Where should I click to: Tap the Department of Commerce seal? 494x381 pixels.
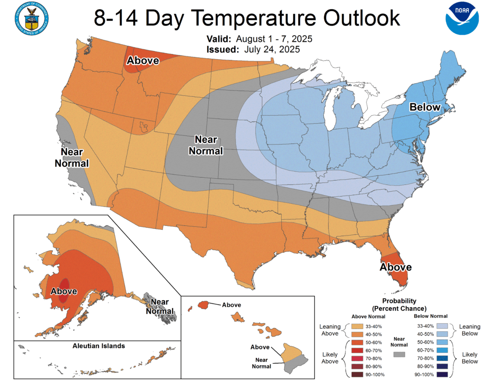[x=32, y=18]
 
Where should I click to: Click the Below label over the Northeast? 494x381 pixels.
[x=425, y=107]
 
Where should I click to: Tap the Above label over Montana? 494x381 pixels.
[x=143, y=60]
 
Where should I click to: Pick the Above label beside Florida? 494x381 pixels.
[x=396, y=267]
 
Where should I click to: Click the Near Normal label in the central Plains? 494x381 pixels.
[x=208, y=145]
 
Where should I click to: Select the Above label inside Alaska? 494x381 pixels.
[x=64, y=291]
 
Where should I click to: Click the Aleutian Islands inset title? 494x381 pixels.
[x=98, y=346]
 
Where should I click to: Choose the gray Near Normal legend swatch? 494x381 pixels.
[x=398, y=355]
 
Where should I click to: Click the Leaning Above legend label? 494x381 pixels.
[x=330, y=330]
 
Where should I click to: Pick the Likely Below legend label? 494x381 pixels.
[x=469, y=358]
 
